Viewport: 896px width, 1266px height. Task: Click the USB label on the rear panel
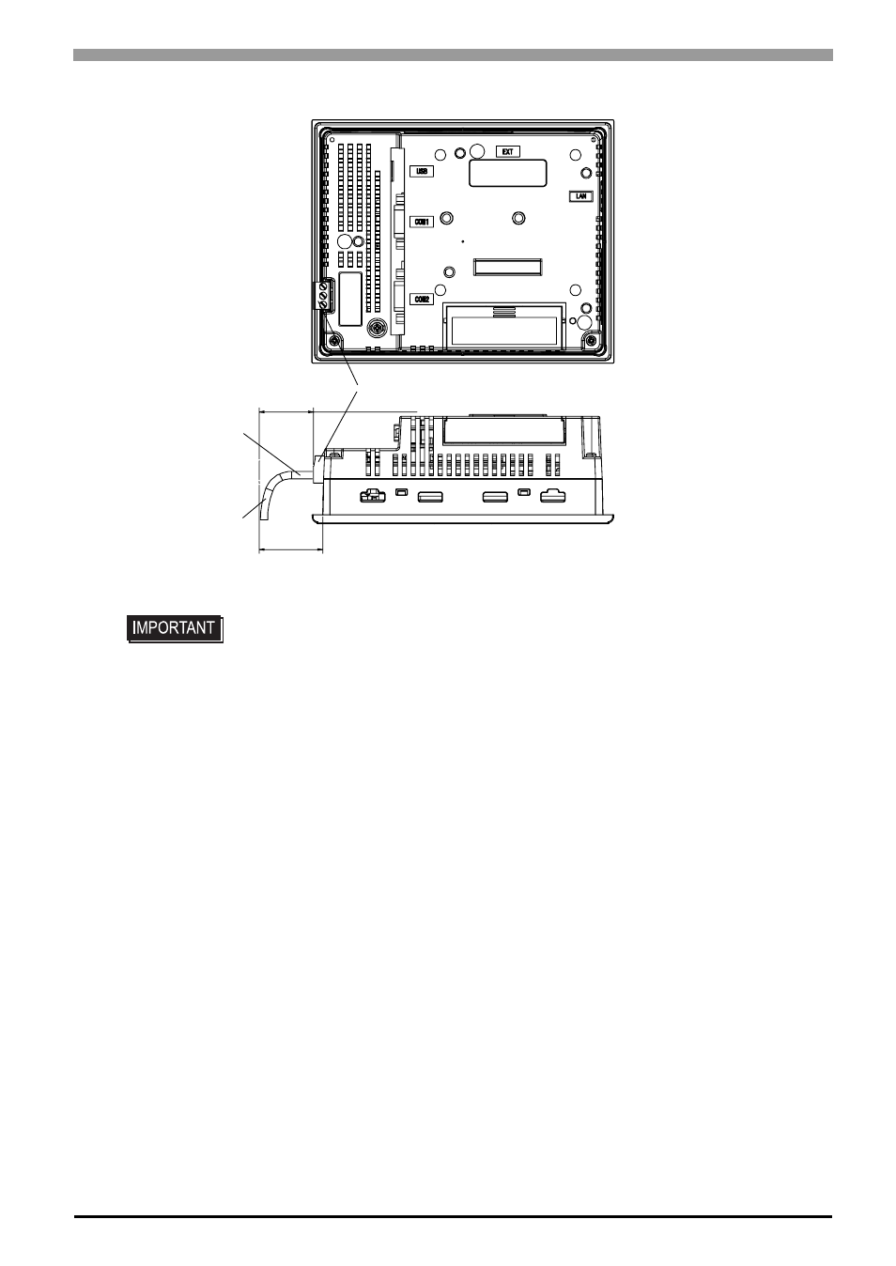pos(421,171)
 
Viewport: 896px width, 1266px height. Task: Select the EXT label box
pos(507,151)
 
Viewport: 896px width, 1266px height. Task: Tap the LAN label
pos(580,196)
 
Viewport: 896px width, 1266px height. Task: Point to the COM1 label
pos(421,223)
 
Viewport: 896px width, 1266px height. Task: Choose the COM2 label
pos(421,299)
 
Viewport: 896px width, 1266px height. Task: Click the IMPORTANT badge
pos(175,628)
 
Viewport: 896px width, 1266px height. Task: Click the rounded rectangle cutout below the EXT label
pos(507,173)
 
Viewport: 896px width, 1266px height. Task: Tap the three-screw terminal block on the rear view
pos(323,295)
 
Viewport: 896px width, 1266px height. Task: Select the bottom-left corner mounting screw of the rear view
pos(335,341)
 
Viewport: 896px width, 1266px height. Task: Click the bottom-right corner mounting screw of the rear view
pos(592,341)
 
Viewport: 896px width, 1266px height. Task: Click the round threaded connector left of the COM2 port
pos(376,328)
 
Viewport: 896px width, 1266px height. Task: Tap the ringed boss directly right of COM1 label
pos(446,218)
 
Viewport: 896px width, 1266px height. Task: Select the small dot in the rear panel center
pos(463,241)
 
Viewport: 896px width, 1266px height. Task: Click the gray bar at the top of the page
pos(453,54)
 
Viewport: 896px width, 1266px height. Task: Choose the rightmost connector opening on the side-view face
pos(553,496)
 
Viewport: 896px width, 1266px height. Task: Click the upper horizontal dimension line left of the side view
pos(286,411)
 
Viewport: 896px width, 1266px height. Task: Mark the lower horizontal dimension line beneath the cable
pos(290,548)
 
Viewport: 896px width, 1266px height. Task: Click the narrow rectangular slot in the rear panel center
pos(507,267)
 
